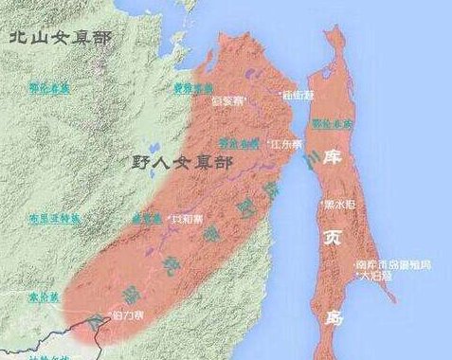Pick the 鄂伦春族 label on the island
coord(334,123)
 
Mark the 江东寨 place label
coord(286,144)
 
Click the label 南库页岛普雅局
coord(392,265)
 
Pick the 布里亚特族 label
coord(53,217)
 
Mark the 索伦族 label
coord(44,297)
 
